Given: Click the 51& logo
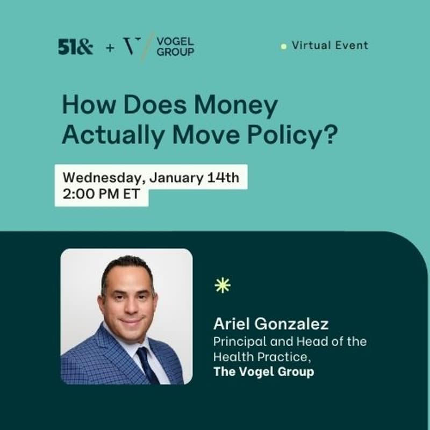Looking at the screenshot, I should pos(75,47).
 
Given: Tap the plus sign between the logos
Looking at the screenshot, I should pos(110,47).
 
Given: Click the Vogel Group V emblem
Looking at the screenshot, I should pos(133,46).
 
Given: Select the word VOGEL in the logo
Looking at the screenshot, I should pos(175,41).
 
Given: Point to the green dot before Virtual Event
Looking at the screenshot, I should pos(283,47).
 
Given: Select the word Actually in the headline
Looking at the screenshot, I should pos(111,135).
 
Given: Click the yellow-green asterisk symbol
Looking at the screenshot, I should pos(222,285).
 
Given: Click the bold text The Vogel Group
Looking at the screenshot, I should pos(263,371).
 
